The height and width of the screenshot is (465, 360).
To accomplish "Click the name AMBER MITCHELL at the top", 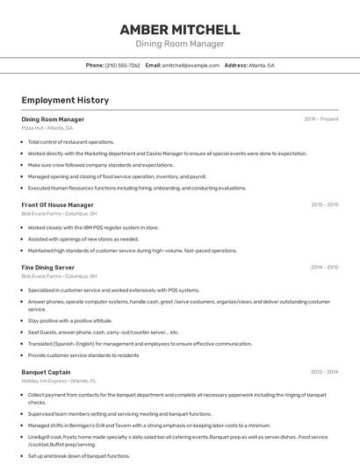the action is (179, 30).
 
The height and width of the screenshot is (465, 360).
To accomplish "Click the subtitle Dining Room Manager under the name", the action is (179, 44).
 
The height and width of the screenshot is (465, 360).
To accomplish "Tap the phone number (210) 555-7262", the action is (122, 66).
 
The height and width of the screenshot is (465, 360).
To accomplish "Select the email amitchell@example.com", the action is (191, 66).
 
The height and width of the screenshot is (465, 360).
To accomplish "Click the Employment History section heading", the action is (65, 100).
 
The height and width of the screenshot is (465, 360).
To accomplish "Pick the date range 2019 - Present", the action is (321, 118).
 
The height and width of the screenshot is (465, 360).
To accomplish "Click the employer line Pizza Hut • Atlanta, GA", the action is (47, 128).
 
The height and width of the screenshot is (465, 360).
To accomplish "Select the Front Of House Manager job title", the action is (57, 204).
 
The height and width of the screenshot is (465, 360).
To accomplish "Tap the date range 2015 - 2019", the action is (324, 204).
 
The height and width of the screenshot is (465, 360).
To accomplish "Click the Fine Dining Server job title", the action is (48, 267).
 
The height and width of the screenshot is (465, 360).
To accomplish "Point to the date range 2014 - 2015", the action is (324, 267).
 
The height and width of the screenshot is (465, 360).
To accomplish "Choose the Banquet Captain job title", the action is (46, 372).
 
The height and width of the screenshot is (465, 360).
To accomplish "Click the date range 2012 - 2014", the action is (324, 372).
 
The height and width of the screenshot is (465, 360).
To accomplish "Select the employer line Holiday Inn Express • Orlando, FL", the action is (59, 382).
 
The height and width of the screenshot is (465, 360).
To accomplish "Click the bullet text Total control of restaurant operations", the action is (71, 141).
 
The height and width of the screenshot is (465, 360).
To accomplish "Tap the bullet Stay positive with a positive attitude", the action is (70, 321).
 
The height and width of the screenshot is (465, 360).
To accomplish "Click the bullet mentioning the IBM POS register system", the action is (93, 227).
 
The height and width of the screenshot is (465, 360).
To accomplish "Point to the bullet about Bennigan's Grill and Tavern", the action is (149, 426).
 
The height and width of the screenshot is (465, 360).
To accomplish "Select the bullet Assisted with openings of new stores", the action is (83, 239).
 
